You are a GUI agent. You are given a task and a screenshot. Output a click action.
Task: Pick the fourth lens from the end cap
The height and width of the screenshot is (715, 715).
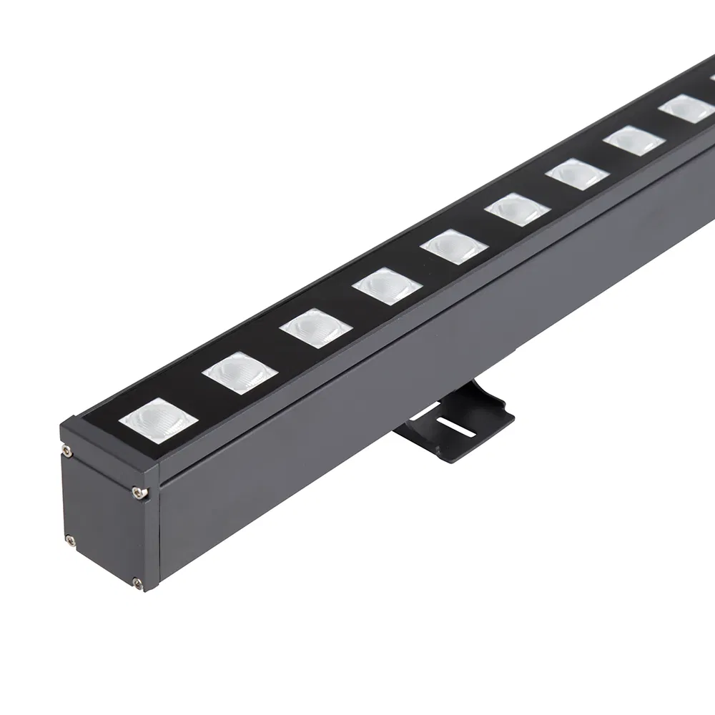387,285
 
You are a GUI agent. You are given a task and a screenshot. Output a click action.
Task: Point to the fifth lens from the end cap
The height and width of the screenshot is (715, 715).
454,245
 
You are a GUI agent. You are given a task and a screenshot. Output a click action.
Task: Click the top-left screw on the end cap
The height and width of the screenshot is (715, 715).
66,450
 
